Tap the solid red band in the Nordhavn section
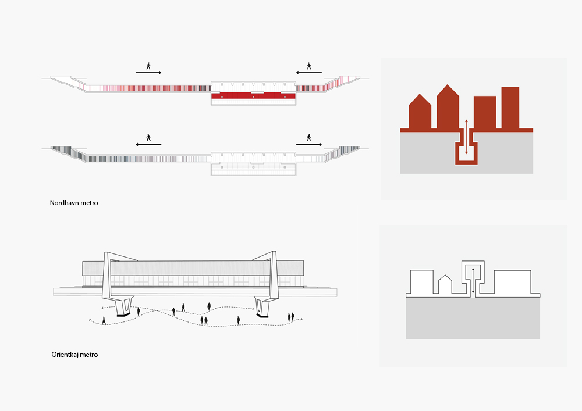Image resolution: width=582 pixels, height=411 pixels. [254, 96]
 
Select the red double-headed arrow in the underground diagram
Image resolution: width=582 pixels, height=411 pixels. [467, 137]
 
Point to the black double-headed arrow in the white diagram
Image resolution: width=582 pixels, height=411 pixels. [473, 282]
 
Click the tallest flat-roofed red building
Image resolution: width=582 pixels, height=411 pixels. [510, 108]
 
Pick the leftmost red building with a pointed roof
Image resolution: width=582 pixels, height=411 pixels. [420, 111]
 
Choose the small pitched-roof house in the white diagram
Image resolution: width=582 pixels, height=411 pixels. [445, 284]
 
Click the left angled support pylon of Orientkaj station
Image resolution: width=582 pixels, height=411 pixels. [118, 285]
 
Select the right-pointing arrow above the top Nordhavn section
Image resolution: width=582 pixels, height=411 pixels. [148, 73]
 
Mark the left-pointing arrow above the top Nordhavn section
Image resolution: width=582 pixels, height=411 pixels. [309, 73]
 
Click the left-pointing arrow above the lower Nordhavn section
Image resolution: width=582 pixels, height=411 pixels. [148, 144]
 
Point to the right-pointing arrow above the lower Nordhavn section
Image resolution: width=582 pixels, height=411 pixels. [309, 144]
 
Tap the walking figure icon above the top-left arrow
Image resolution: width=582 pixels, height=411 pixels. [148, 66]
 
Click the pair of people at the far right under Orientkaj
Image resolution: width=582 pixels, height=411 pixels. [291, 317]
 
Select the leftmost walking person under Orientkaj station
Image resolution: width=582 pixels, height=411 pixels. [104, 320]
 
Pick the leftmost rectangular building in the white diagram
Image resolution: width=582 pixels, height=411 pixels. [421, 283]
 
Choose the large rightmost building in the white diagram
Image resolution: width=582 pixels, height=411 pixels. [513, 283]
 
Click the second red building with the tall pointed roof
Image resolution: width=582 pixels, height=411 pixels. [448, 108]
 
